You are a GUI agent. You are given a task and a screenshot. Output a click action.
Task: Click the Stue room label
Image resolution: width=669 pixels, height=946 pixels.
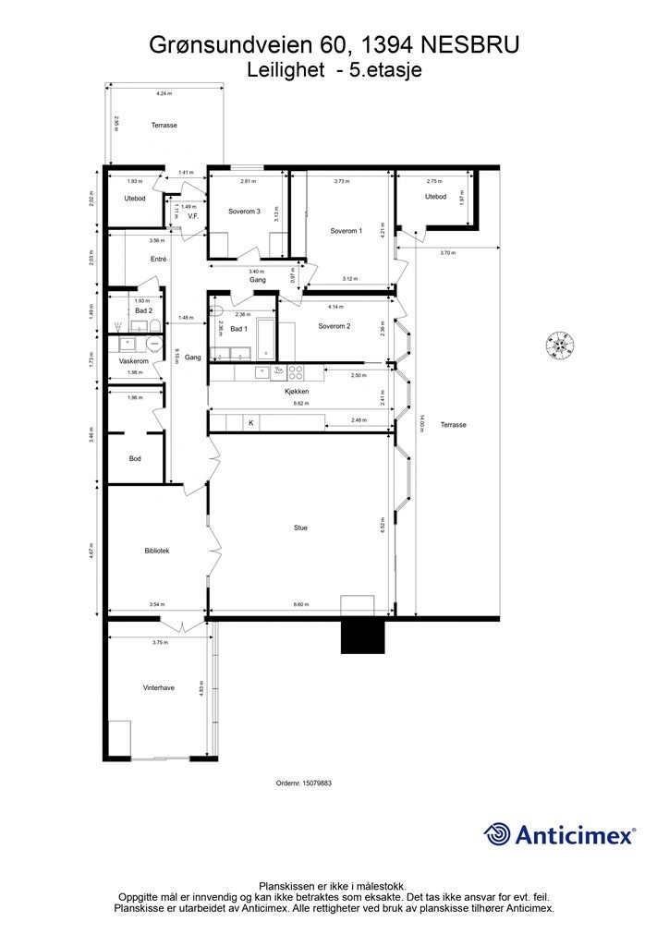click(x=300, y=528)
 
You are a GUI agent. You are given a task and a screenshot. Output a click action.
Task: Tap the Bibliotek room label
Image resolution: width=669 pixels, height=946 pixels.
click(x=157, y=551)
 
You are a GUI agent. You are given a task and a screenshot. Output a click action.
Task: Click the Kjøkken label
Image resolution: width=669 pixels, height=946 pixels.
click(x=296, y=393)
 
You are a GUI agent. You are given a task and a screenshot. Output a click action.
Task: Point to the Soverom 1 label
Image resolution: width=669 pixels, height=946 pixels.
click(x=347, y=231)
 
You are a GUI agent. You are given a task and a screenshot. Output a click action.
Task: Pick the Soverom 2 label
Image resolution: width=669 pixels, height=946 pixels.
click(x=334, y=326)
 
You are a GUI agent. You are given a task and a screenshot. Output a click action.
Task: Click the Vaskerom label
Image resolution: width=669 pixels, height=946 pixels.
click(x=134, y=361)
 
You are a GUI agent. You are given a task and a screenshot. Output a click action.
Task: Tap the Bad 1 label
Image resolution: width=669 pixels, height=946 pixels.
click(x=238, y=329)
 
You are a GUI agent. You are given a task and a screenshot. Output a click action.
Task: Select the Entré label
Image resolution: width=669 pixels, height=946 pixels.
click(x=158, y=261)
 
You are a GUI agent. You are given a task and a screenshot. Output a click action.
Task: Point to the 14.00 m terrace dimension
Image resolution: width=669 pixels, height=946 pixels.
click(x=420, y=424)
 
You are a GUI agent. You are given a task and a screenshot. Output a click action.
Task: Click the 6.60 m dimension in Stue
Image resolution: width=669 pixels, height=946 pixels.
click(x=300, y=604)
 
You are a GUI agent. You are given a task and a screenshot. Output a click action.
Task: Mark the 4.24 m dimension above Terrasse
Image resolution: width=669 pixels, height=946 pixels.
click(x=164, y=93)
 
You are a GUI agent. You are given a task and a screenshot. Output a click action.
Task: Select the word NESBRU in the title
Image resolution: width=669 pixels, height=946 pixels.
click(x=468, y=44)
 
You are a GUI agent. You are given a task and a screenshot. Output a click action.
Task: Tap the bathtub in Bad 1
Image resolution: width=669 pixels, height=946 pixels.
click(x=266, y=339)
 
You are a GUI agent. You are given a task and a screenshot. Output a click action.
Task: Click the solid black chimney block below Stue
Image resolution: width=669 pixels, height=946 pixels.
click(x=361, y=637)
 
